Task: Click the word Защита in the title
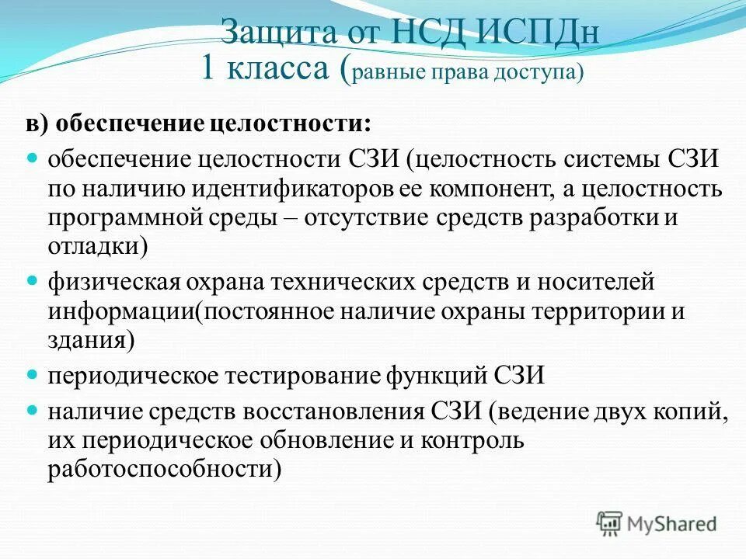(268, 33)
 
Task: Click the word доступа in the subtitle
(536, 72)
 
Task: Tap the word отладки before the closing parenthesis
(92, 246)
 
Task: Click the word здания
(85, 340)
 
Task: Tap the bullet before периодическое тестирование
(33, 374)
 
